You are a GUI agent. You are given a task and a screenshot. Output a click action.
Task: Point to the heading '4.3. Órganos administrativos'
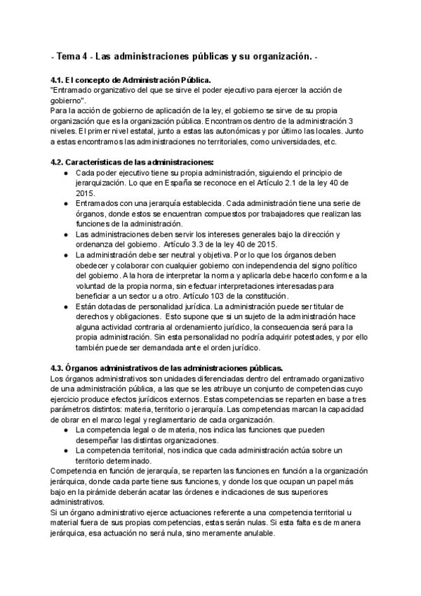(x=166, y=368)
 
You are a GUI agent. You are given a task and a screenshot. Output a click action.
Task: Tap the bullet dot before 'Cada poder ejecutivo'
(x=65, y=173)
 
